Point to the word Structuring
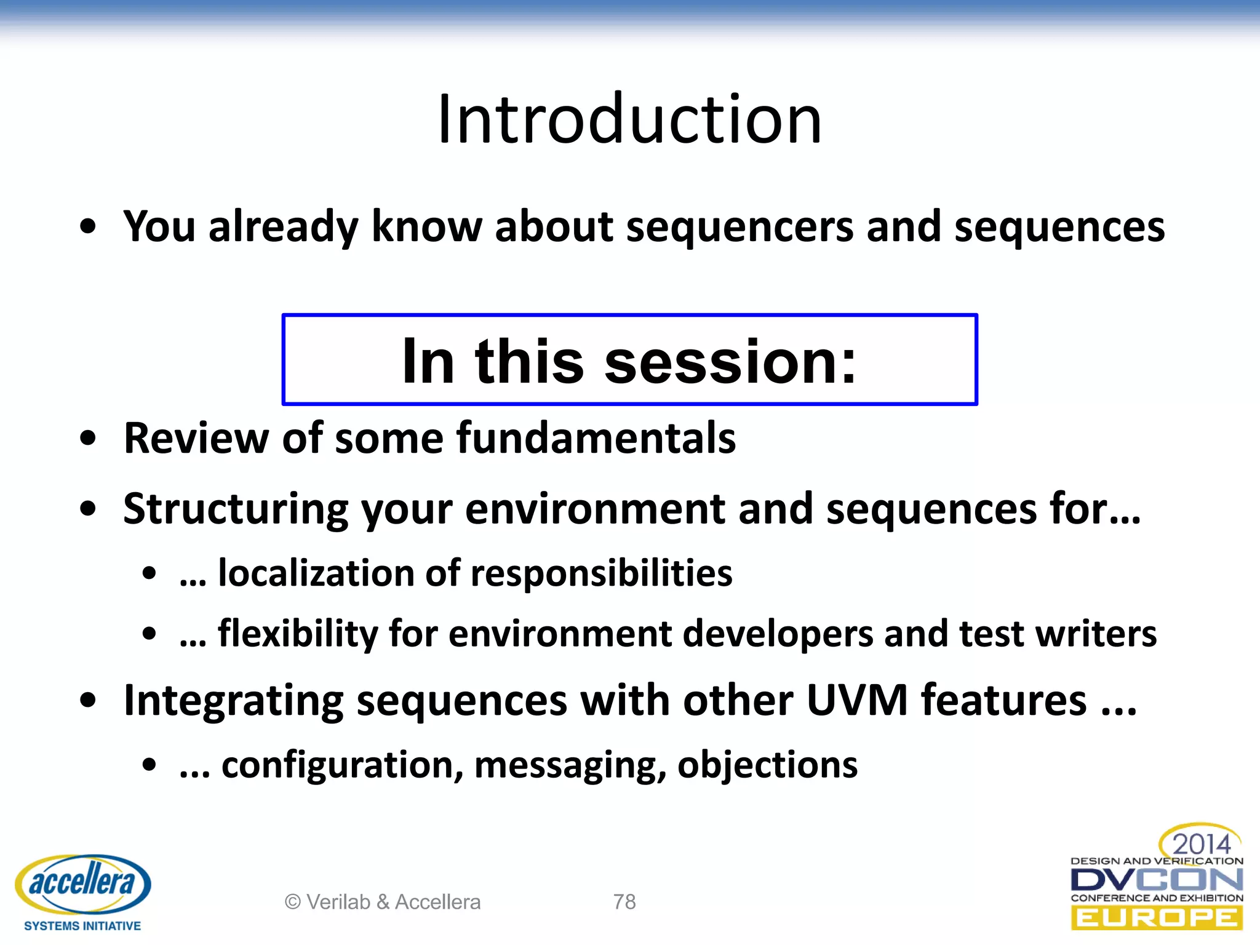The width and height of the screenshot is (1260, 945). click(x=236, y=509)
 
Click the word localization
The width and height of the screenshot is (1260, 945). click(x=316, y=573)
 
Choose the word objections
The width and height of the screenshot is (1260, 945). click(x=767, y=765)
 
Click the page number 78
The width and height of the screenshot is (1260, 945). click(x=624, y=902)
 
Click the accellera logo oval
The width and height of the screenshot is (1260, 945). click(x=82, y=883)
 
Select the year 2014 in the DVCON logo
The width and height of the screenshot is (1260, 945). click(x=1201, y=843)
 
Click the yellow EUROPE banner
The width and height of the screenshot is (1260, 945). click(x=1157, y=919)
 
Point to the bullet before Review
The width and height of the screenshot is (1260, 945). click(x=89, y=439)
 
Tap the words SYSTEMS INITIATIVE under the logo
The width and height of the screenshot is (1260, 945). click(x=82, y=926)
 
